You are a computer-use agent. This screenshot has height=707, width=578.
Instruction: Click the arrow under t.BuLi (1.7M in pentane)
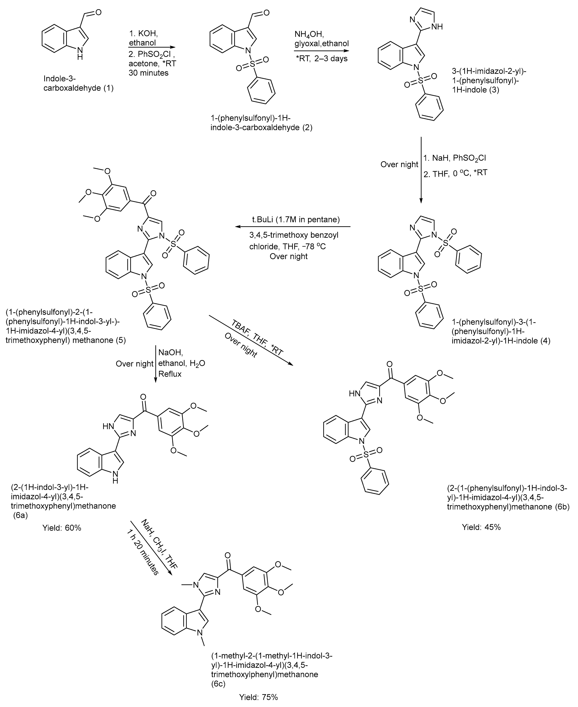293,227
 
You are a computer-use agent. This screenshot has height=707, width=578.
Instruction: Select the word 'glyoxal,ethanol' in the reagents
322,44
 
